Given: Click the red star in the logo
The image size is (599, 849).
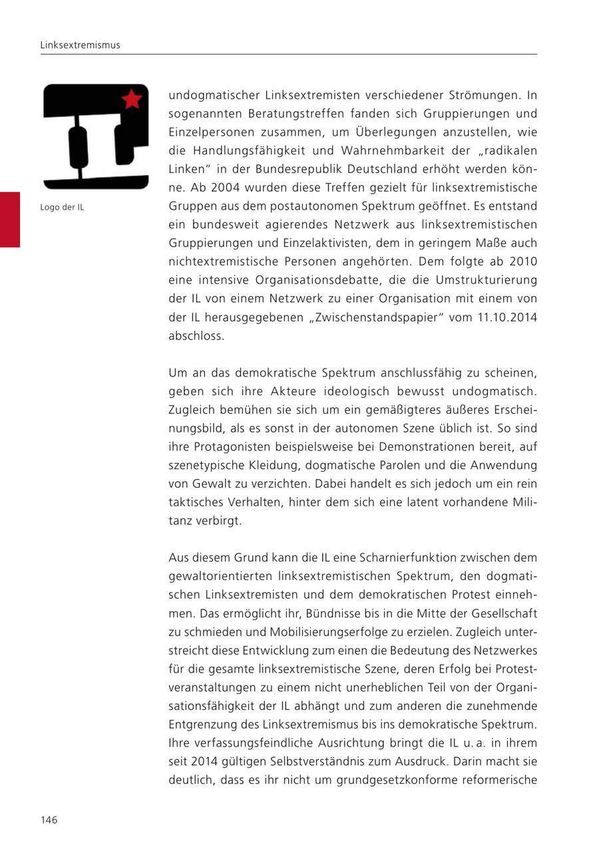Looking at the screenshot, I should click(132, 99).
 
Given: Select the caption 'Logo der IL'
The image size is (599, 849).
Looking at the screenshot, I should click(62, 207).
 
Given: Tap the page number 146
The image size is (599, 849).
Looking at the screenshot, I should click(49, 820).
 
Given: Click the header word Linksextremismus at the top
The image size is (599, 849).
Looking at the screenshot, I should click(80, 45).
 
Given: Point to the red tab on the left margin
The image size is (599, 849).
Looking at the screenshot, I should click(10, 220).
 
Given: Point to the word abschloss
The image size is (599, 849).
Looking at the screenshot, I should click(196, 336).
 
